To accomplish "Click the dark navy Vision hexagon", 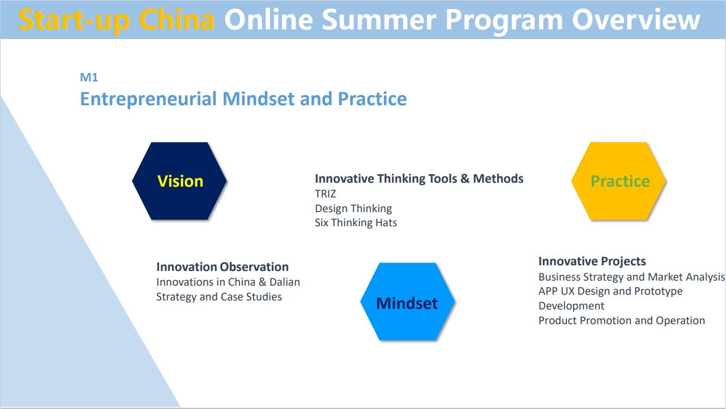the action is point(179,181).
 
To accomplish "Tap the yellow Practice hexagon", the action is point(618,181).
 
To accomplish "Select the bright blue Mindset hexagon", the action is point(407,302).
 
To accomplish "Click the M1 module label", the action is point(89,78).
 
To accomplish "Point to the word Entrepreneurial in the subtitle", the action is point(148,99).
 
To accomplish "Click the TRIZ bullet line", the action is point(326,193).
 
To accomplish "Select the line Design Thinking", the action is point(353,209).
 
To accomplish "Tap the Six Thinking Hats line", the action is point(356,223).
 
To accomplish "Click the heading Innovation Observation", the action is point(223,267).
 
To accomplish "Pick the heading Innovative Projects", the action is point(592,261).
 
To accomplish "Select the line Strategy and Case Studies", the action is point(219,297).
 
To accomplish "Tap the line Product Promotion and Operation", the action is point(622,321).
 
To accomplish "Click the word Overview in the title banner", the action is point(636,20).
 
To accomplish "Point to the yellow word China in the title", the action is point(177,20).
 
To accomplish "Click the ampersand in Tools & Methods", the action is point(465,179).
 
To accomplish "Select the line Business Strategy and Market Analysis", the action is point(631,277).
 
